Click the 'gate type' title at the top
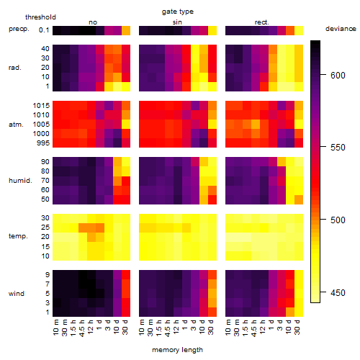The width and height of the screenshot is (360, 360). [178, 12]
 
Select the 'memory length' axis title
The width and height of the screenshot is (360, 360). [177, 350]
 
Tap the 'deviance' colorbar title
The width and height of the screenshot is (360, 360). [341, 29]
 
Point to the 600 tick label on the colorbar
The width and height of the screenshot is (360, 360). [338, 76]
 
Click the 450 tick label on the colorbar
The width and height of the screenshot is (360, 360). [338, 293]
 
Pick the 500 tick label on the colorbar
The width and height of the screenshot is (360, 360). [338, 220]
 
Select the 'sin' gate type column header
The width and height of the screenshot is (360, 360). [177, 22]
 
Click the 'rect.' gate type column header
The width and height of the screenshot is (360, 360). [261, 22]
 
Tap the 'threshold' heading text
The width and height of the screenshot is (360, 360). [40, 17]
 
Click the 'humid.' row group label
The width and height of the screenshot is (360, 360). [20, 181]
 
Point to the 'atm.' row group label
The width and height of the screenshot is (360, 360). [16, 125]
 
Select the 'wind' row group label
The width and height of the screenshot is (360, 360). [17, 294]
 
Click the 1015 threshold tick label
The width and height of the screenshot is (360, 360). [41, 106]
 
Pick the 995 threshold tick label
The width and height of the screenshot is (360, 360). [43, 143]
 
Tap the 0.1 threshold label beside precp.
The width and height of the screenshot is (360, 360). [44, 30]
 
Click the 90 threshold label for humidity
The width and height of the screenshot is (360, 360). [45, 162]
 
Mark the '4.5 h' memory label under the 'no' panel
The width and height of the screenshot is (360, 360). [82, 328]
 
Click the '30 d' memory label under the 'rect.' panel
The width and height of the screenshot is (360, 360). [297, 327]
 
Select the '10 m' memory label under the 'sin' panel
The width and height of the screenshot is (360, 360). [142, 328]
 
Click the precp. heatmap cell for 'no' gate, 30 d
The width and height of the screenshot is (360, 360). [126, 30]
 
